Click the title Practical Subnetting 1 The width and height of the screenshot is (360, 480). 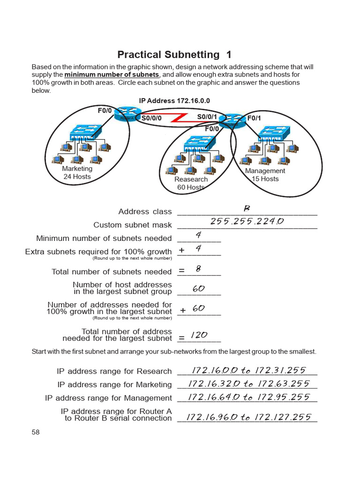(x=174, y=54)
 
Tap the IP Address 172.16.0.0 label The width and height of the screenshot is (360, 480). (x=174, y=101)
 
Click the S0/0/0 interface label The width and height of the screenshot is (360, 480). (x=151, y=118)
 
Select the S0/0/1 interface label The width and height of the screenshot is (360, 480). (x=207, y=117)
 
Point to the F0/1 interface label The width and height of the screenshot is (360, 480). (x=254, y=118)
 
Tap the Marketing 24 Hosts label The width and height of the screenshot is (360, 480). (x=77, y=172)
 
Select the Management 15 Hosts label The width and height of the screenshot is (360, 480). (x=265, y=175)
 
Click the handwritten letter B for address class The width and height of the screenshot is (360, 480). (x=247, y=208)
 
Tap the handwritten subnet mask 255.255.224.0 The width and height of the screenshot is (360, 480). (x=247, y=221)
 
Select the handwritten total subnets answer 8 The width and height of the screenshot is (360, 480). (x=198, y=269)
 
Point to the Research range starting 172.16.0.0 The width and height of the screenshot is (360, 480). (x=247, y=371)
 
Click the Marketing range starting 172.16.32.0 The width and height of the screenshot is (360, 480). (x=248, y=384)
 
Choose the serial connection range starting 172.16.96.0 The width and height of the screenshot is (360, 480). (x=248, y=417)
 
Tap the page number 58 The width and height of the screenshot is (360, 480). (x=36, y=432)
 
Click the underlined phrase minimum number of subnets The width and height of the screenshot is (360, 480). (x=112, y=75)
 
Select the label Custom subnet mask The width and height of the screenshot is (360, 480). (x=133, y=225)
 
